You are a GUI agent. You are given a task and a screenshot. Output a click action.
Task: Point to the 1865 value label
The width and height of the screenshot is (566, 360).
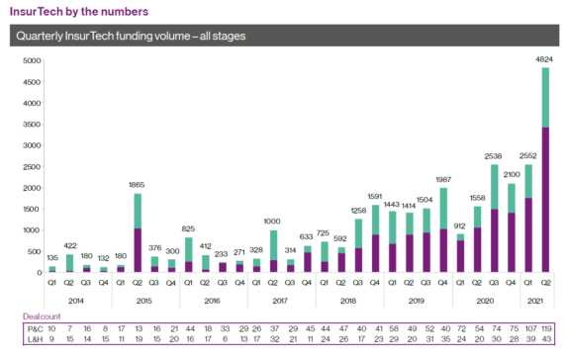(138, 185)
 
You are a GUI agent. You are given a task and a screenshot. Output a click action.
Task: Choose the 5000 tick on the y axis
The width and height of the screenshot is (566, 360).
(31, 60)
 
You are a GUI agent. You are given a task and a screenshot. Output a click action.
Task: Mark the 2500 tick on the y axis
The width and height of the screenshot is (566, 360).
(31, 166)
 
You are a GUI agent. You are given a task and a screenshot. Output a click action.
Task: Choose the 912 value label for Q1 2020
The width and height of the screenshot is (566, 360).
(459, 225)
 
